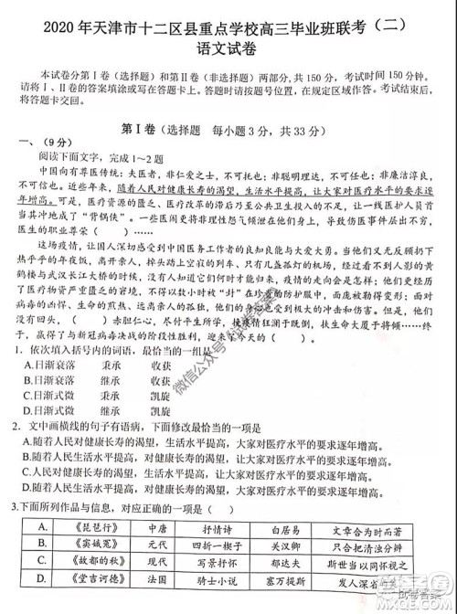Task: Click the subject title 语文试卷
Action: coord(228,37)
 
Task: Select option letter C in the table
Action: coord(41,566)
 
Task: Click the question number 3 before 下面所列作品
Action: coord(11,509)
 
